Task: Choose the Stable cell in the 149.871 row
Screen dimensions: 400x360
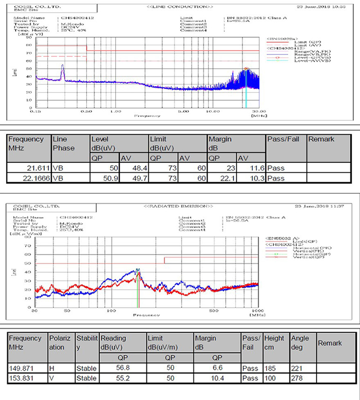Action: pos(86,368)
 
